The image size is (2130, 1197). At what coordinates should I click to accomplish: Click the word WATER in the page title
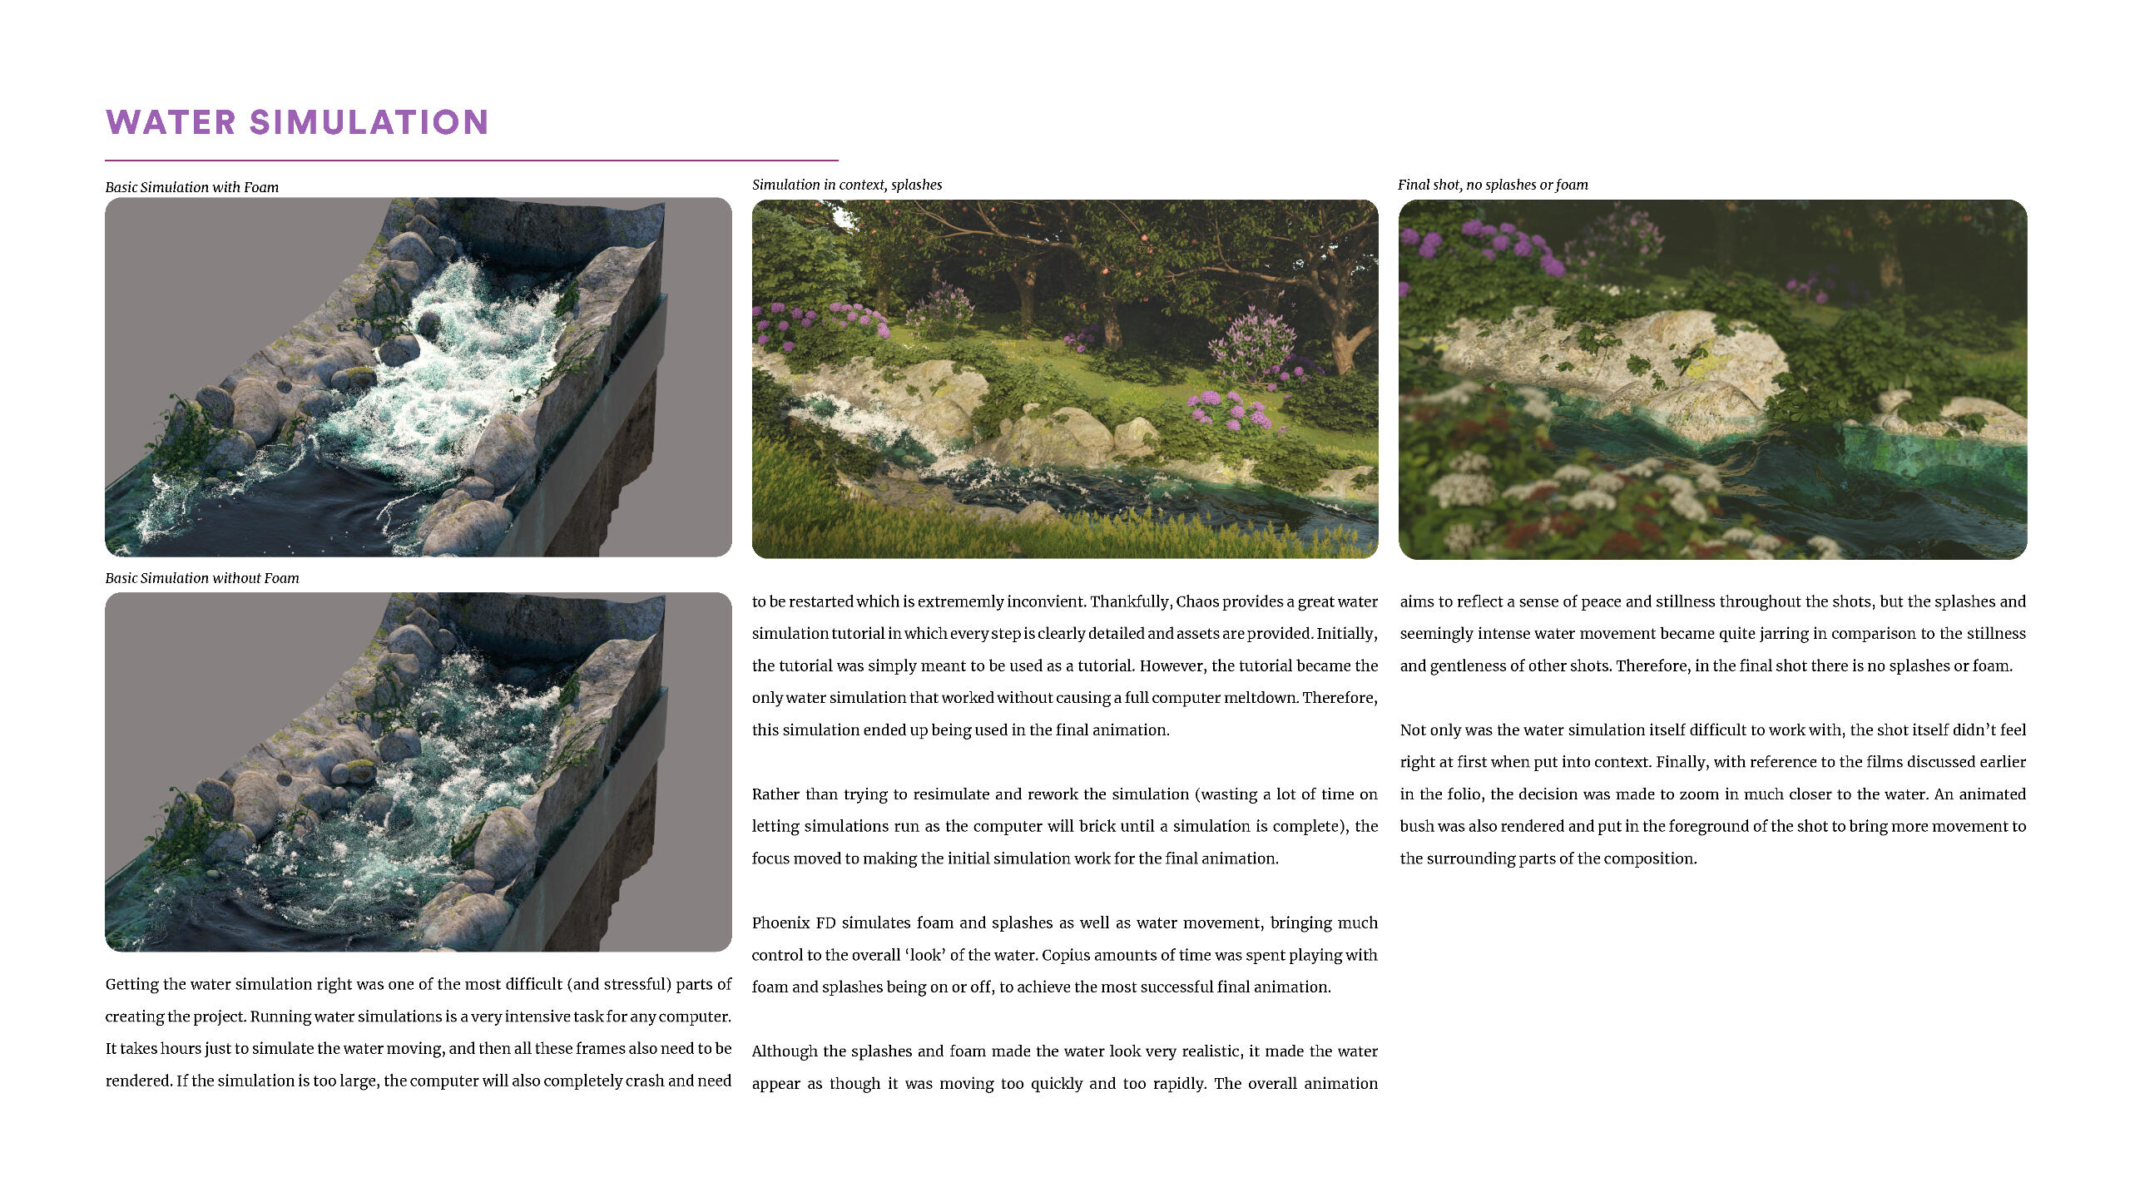171,122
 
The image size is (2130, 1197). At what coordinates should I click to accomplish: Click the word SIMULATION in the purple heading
369,122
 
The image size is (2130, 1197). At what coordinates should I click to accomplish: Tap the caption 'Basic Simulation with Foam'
191,187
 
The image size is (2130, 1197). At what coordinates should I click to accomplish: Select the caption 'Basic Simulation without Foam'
201,578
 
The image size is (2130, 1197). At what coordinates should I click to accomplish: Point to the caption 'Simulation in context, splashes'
846,185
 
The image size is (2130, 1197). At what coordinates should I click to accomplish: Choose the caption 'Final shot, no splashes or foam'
1492,185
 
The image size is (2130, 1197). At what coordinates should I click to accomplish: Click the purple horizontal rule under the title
471,161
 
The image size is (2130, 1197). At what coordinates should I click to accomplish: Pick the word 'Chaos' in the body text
1196,601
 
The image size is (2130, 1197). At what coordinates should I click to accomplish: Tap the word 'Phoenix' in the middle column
780,922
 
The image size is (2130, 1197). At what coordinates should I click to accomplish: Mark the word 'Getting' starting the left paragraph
133,985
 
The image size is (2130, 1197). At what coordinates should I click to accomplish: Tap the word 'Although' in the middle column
785,1051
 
